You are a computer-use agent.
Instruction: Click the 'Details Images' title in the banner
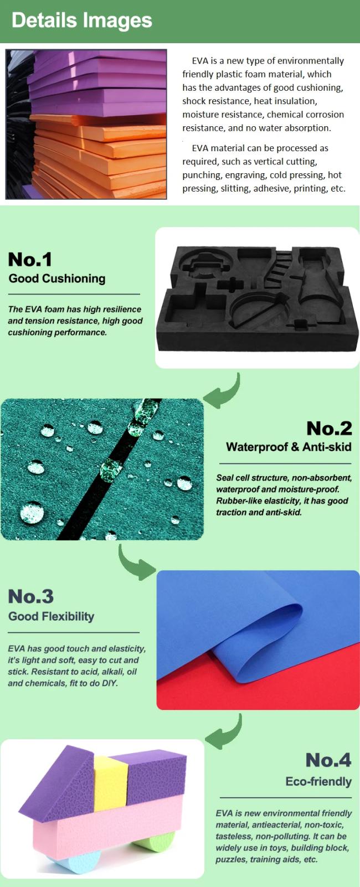pyautogui.click(x=81, y=20)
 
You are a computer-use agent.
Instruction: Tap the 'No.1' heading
pyautogui.click(x=30, y=259)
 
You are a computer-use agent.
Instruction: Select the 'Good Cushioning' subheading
pyautogui.click(x=57, y=279)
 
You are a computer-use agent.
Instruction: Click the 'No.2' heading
pyautogui.click(x=329, y=428)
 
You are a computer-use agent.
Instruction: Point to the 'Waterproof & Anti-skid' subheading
pyautogui.click(x=289, y=447)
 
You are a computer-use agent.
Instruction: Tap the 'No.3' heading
pyautogui.click(x=30, y=596)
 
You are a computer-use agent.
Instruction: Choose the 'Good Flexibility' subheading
pyautogui.click(x=52, y=617)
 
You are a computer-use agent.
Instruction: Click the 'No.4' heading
pyautogui.click(x=328, y=760)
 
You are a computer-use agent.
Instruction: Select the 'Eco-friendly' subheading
pyautogui.click(x=318, y=781)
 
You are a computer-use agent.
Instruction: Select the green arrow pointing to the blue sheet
pyautogui.click(x=135, y=564)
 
